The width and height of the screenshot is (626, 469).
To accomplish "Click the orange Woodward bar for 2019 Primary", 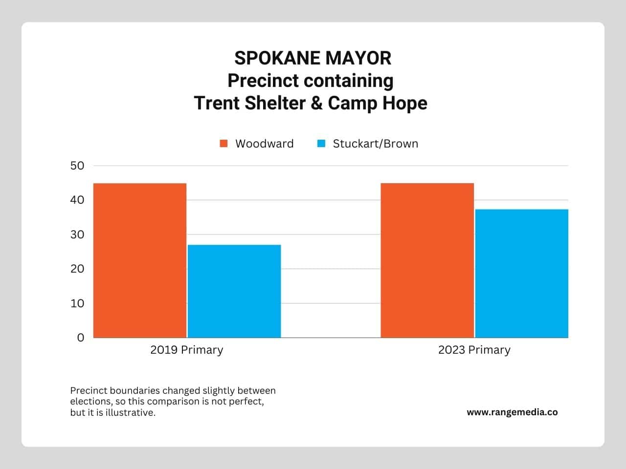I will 140,260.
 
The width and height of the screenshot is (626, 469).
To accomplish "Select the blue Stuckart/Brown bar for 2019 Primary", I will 234,291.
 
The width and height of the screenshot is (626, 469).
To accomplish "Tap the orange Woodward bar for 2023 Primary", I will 427,260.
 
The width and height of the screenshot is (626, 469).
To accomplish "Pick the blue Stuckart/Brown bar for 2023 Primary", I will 521,274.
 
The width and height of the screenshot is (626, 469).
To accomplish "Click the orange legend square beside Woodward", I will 224,144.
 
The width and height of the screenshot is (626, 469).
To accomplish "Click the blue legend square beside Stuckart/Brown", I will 321,144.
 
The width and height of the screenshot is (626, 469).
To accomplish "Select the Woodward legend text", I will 264,144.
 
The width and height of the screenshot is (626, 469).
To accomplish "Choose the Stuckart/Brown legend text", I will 375,144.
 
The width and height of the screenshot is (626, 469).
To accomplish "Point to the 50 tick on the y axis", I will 77,166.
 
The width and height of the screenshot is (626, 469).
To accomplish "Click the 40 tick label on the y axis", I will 77,200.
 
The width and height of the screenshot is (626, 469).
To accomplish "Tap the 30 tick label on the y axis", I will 77,234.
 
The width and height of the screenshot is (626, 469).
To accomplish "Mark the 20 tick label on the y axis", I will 77,269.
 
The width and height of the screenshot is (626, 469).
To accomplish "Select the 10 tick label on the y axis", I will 77,303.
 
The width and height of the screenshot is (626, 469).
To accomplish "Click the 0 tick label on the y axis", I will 81,338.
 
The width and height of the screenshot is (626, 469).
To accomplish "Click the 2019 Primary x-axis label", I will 186,350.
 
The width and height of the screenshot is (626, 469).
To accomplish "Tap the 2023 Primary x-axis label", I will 474,350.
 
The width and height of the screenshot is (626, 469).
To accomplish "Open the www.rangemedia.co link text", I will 512,412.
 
